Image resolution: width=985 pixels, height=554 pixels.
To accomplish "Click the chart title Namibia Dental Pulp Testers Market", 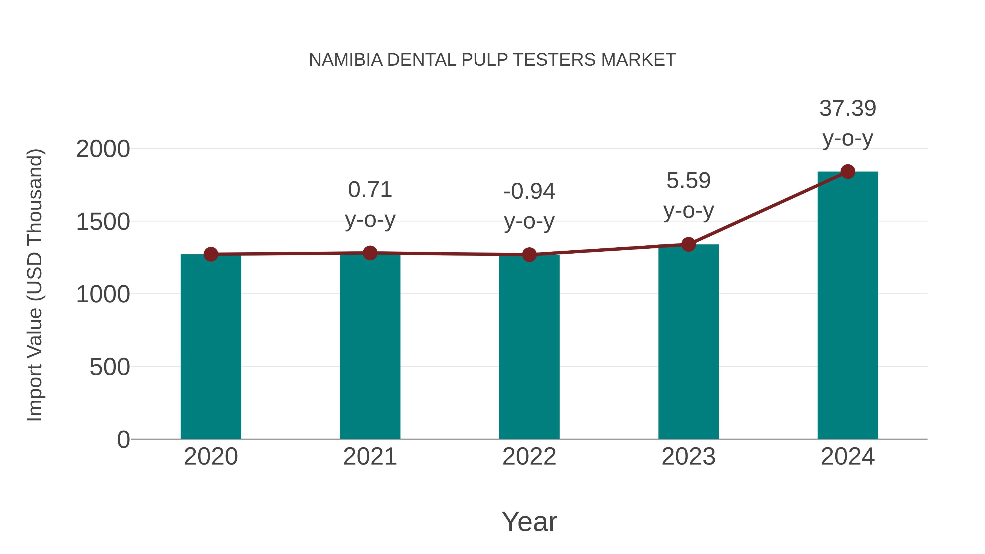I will [x=492, y=60].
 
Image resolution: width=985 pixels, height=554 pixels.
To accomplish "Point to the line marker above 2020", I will [x=211, y=254].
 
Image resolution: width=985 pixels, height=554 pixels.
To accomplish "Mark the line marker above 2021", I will [x=370, y=253].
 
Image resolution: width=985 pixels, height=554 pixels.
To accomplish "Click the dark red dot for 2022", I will [x=529, y=255].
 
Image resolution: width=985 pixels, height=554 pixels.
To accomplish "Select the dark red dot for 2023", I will [x=688, y=244].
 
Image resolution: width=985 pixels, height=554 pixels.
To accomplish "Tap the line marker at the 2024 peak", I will [x=848, y=172].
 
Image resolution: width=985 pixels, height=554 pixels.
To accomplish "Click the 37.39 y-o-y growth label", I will [x=848, y=123].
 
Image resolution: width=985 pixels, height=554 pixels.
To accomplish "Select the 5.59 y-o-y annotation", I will [x=688, y=195].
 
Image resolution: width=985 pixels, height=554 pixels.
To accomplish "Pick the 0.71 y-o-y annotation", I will [x=370, y=205].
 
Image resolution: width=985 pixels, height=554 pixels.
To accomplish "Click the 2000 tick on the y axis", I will [x=103, y=149].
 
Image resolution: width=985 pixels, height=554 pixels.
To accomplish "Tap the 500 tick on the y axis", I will [x=110, y=367].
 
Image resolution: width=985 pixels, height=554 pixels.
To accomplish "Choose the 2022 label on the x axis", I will [x=529, y=457].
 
